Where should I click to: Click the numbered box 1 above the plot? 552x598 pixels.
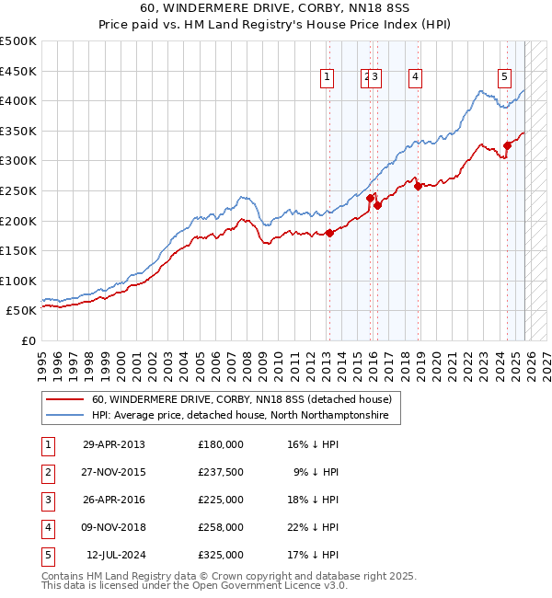[x=328, y=77]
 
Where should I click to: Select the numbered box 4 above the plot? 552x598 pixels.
[x=416, y=77]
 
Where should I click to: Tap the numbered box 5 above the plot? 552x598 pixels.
[x=505, y=77]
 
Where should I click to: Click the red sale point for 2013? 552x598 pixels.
[x=329, y=233]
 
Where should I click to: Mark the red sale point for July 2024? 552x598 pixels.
[x=507, y=145]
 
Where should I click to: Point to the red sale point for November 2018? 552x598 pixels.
[x=419, y=186]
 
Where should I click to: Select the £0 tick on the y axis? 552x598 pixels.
[x=28, y=340]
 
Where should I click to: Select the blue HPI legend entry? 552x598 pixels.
[x=240, y=416]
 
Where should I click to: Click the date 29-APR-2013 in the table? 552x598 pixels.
[x=113, y=443]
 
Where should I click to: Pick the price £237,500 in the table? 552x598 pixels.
[x=220, y=471]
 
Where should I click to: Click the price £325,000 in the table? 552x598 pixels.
[x=220, y=554]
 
